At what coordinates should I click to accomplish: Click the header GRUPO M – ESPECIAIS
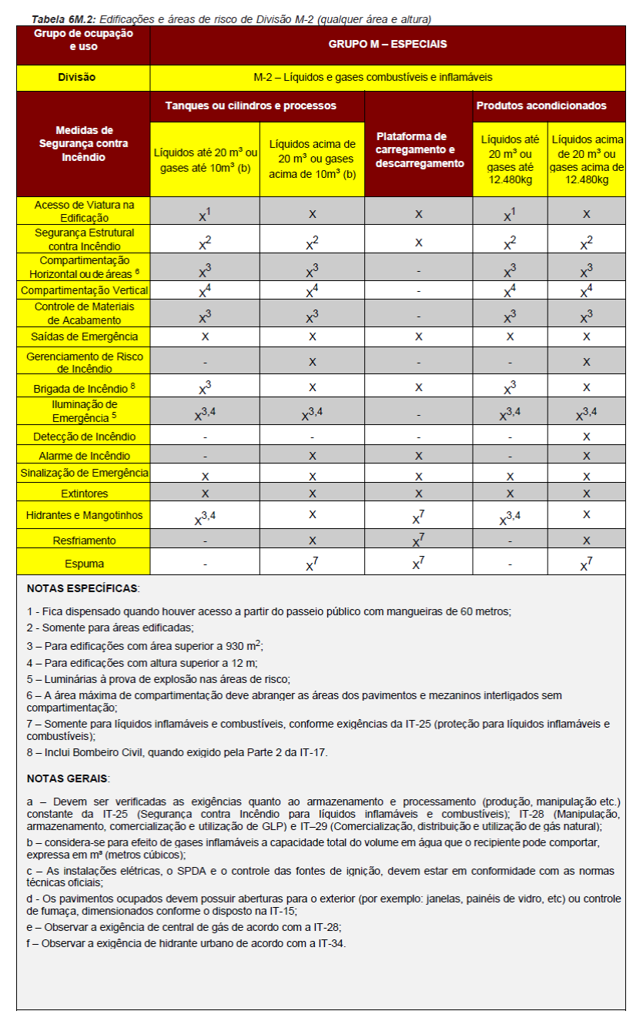(387, 45)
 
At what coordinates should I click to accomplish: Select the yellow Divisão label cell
(83, 78)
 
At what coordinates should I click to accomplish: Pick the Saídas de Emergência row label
(83, 336)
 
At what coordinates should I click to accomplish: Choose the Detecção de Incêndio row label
(83, 437)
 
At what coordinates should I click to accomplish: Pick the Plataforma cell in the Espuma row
(418, 563)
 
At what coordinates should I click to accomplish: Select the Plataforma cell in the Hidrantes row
(418, 516)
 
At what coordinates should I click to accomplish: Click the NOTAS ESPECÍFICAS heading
(82, 588)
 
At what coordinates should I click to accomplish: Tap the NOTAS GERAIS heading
(68, 778)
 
